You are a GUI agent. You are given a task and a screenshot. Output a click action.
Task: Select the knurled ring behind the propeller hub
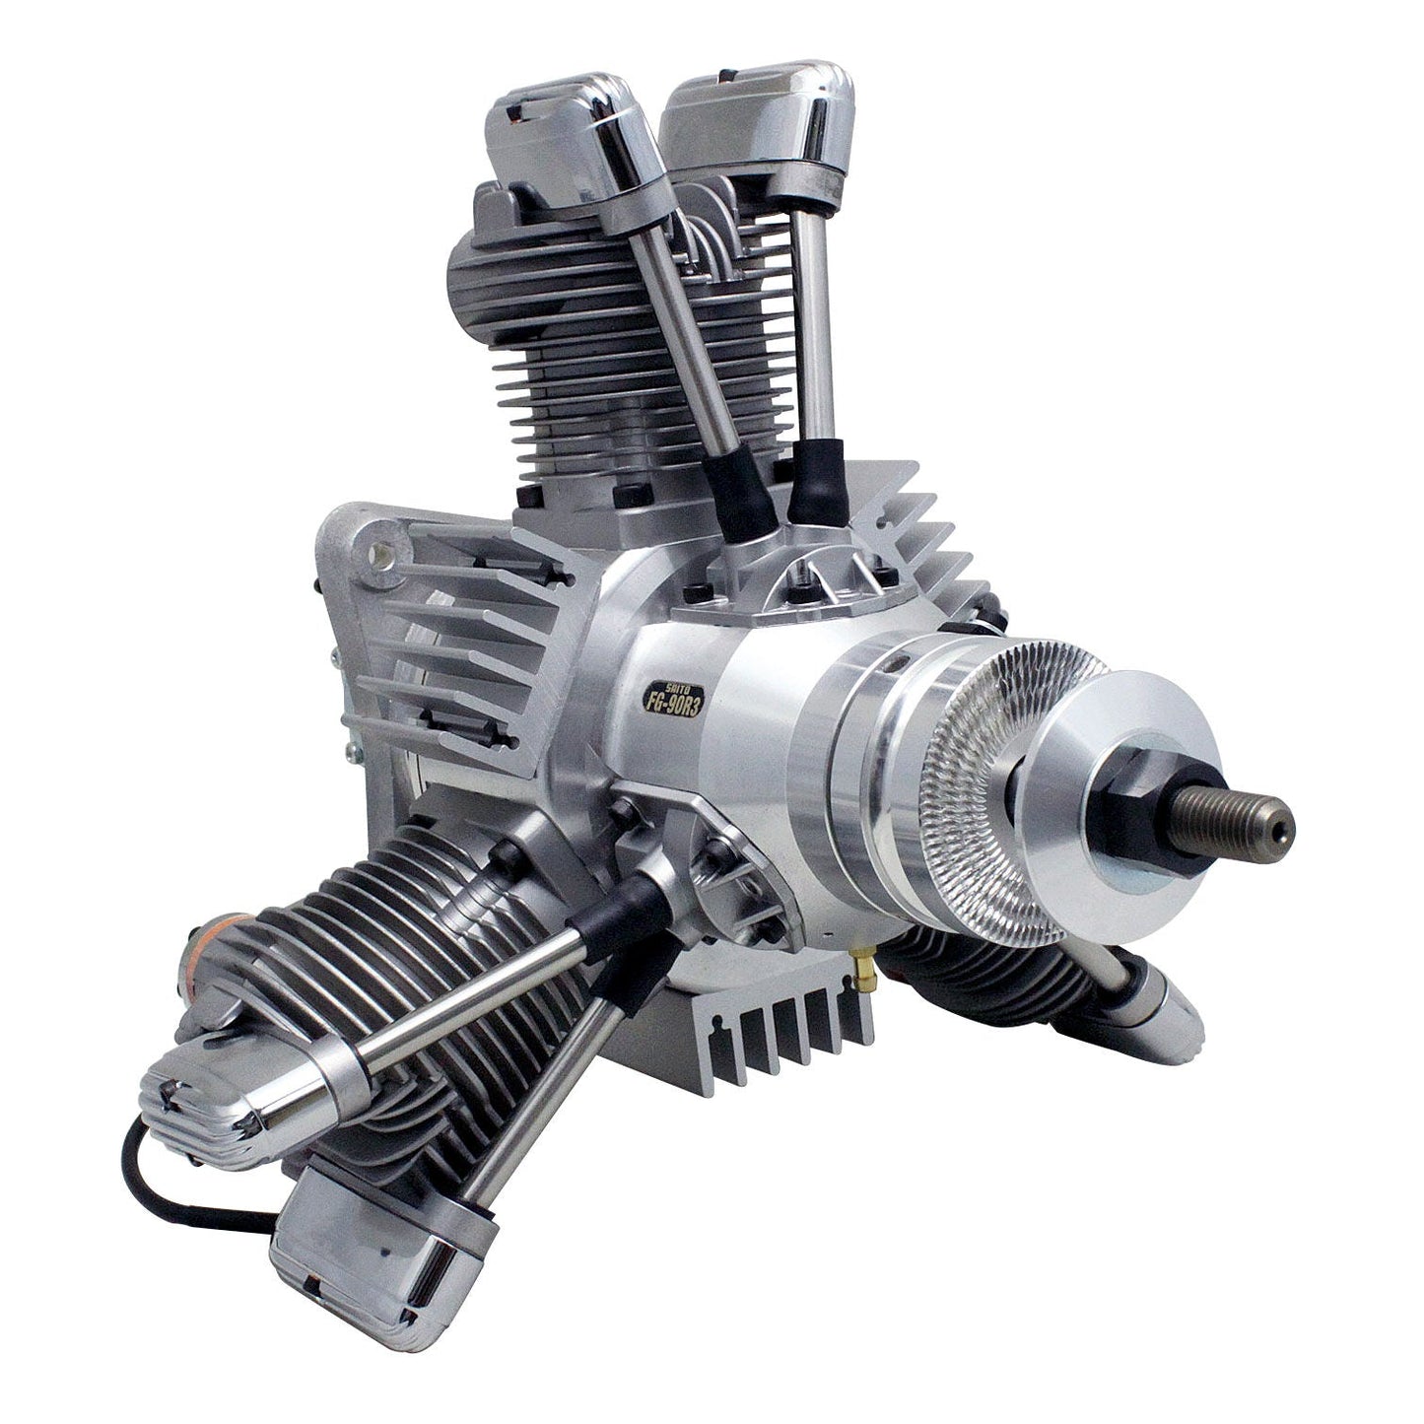(985, 788)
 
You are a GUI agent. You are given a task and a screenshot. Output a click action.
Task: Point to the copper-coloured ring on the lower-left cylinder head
(212, 961)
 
